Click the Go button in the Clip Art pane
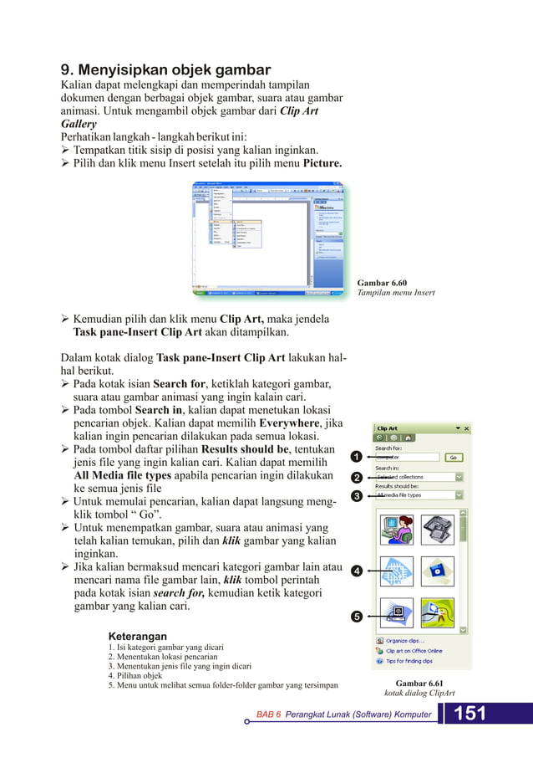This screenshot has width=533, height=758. point(452,458)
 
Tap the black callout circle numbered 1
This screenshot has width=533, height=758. point(356,457)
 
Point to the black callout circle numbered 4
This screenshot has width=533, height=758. point(356,571)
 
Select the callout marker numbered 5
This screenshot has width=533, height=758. point(356,617)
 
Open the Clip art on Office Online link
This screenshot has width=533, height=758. point(414,651)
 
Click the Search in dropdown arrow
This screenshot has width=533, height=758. point(459,476)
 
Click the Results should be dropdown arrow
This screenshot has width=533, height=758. point(459,494)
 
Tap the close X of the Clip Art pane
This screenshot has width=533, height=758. point(466,428)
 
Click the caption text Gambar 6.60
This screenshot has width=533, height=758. point(381,283)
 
